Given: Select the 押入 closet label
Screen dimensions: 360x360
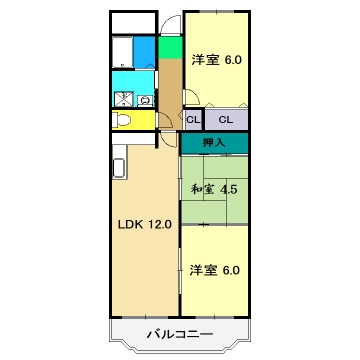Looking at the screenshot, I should tap(214, 143).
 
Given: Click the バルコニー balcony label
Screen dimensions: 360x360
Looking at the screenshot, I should tap(180, 333).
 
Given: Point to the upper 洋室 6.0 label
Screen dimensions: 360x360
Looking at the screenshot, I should tap(217, 60).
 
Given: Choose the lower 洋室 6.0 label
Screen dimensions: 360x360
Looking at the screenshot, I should tap(215, 269).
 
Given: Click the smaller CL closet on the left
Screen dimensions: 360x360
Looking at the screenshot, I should tap(191, 120).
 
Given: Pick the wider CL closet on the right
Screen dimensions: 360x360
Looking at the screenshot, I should tap(226, 120).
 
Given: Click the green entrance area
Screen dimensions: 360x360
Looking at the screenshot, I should tap(169, 46).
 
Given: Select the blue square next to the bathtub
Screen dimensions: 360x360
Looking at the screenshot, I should tap(145, 51).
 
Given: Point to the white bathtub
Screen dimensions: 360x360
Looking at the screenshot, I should tap(121, 51).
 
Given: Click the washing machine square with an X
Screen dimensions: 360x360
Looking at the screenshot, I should tap(125, 98).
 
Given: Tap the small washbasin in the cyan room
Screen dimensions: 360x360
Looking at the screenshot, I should tap(146, 99).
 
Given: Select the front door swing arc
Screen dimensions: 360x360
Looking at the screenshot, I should tap(171, 25).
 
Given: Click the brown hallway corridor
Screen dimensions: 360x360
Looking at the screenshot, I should tap(170, 95).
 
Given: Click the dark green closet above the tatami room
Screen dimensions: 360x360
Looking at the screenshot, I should tap(214, 143).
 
